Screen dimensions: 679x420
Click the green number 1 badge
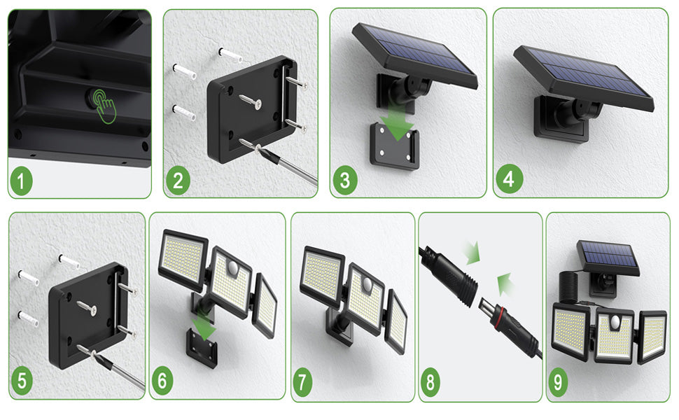[21, 181]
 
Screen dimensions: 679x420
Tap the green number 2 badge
[178, 181]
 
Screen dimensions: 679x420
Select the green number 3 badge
[345, 181]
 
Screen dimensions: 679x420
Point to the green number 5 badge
[22, 381]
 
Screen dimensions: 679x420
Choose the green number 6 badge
[162, 381]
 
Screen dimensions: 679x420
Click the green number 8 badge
[430, 383]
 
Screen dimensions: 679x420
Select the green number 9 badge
[558, 383]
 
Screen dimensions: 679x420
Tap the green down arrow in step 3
[398, 121]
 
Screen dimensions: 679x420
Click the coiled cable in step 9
[570, 287]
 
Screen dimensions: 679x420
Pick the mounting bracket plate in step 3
[395, 146]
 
